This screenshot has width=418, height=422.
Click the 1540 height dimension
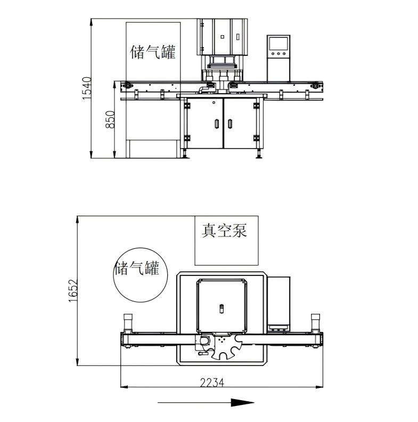pos(87,88)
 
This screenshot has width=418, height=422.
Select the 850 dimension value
pos(110,120)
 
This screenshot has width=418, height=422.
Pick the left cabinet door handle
pos(216,124)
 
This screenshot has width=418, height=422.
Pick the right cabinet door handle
pos(230,124)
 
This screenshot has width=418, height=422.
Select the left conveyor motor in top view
pos(128,322)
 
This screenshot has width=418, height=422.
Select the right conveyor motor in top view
pos(315,322)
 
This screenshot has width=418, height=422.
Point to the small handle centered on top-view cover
pos(222,308)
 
